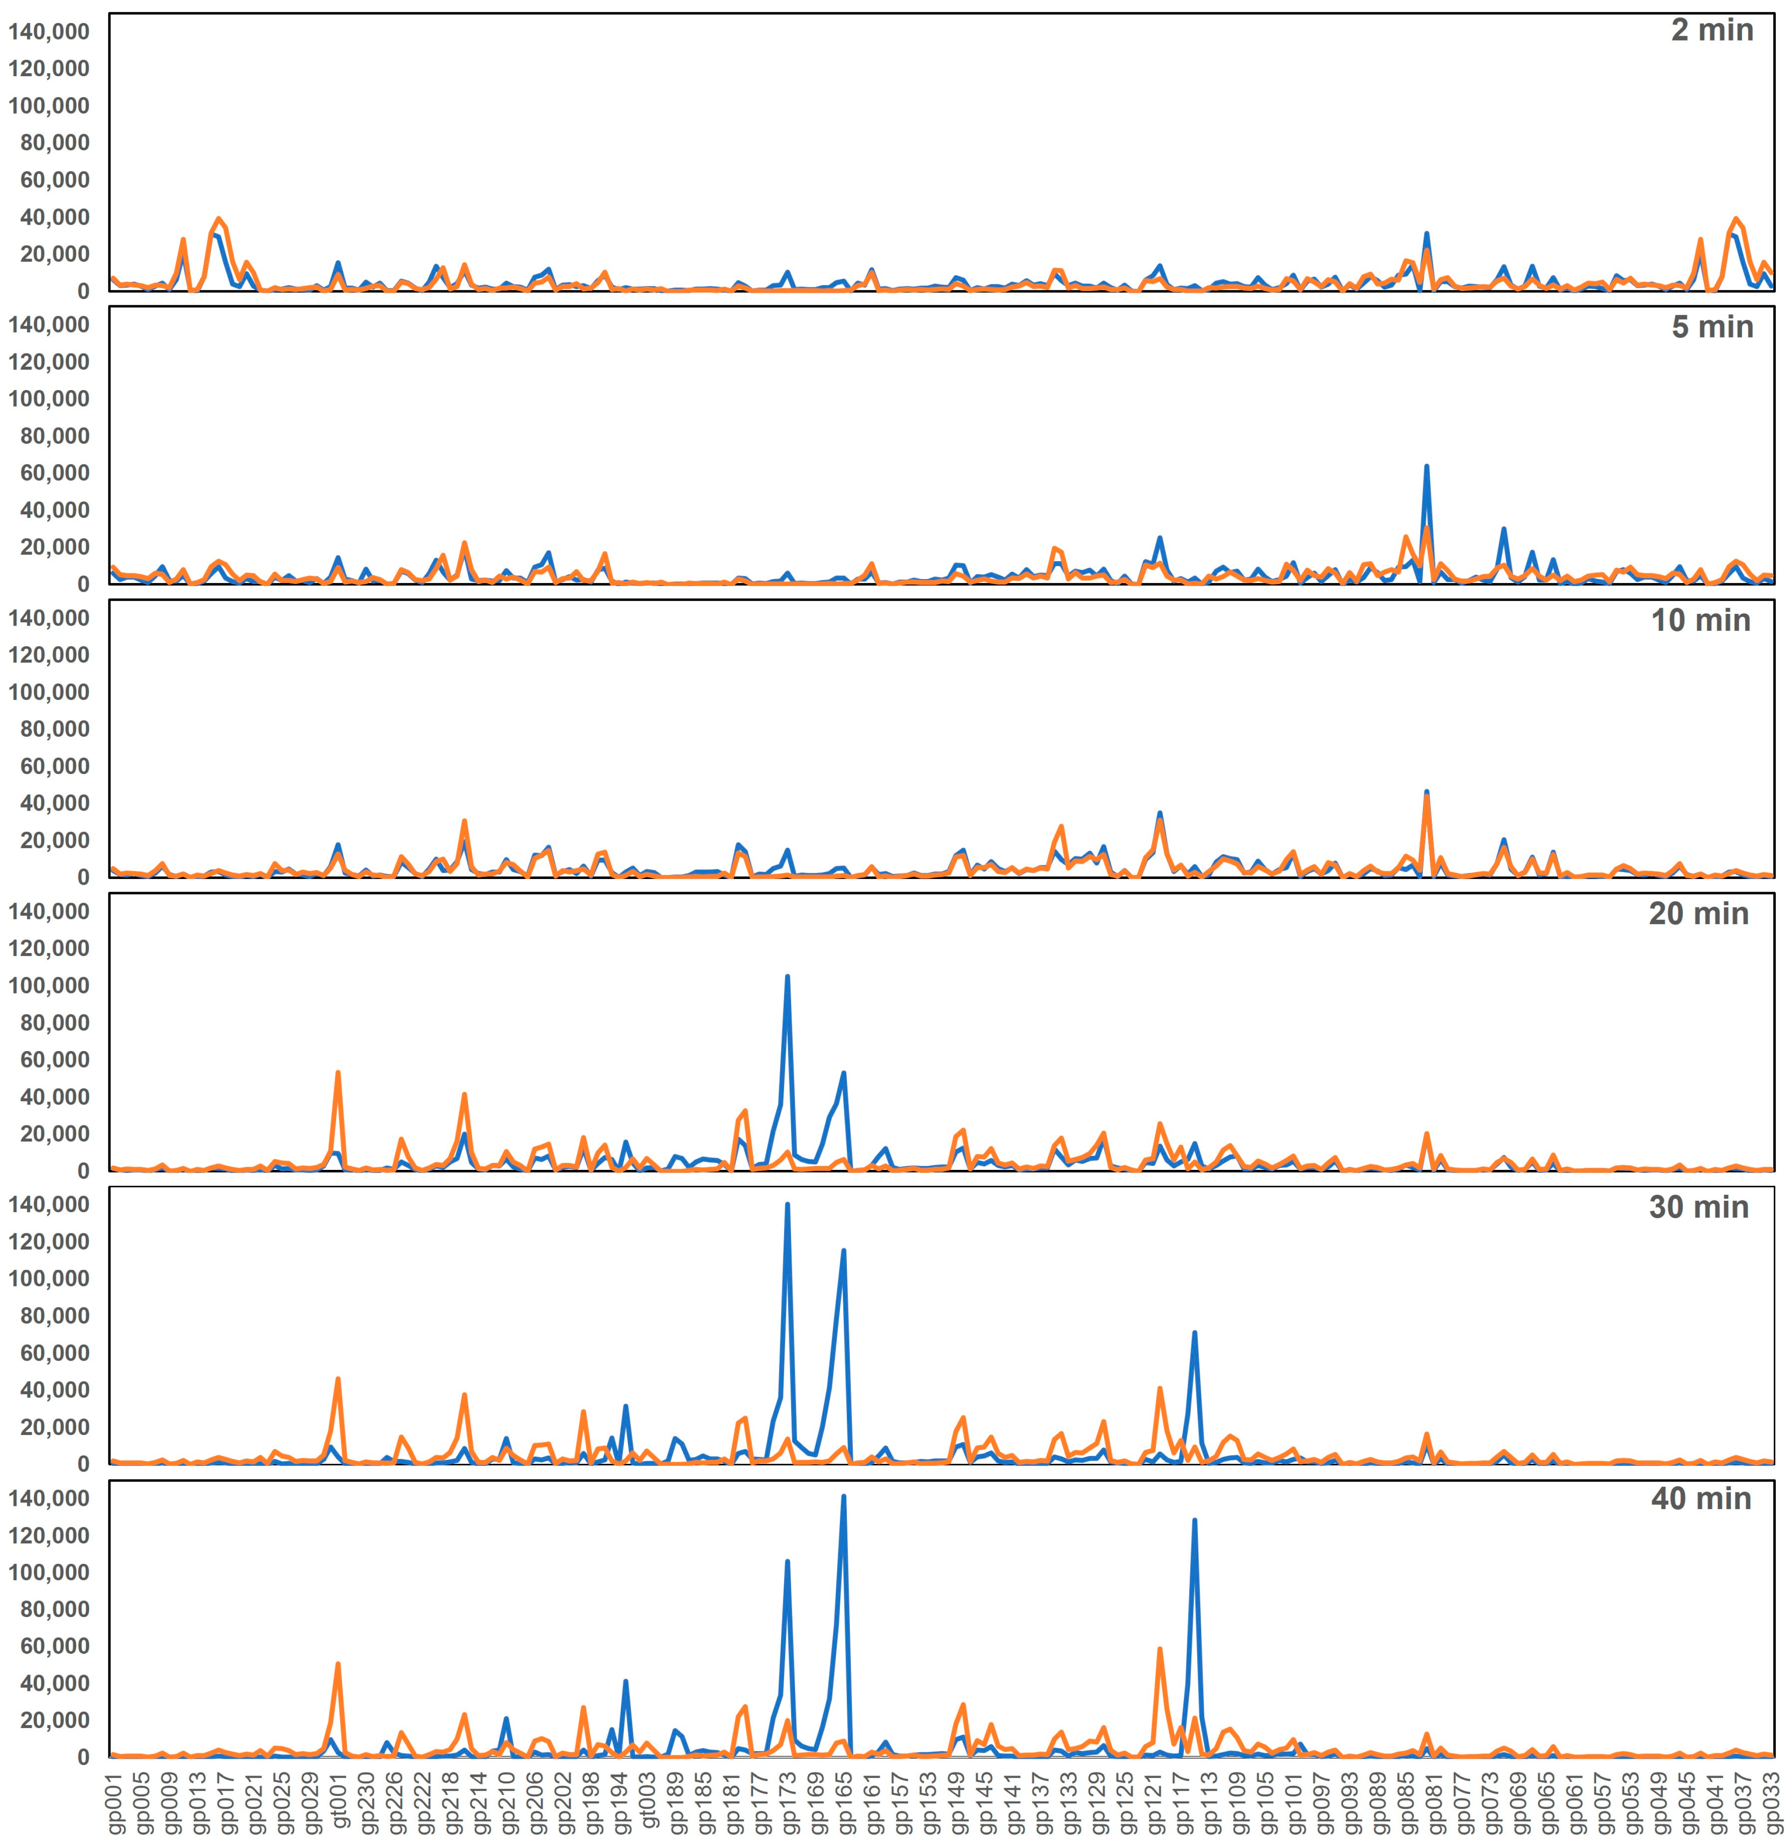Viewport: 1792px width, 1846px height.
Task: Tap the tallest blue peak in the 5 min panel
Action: point(1427,466)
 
